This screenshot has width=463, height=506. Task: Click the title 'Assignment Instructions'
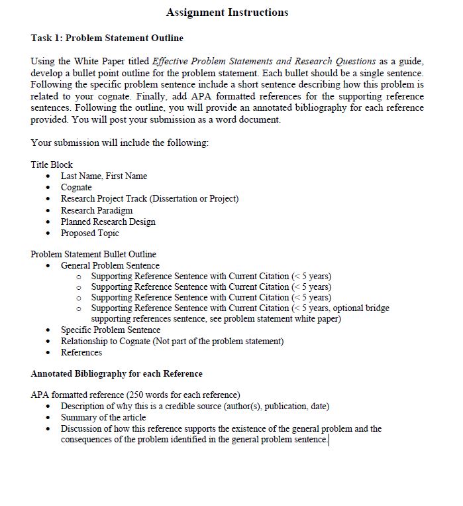[x=227, y=12]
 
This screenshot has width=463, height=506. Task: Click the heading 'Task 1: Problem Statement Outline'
[x=107, y=38]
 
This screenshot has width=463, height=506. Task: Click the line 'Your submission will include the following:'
[x=119, y=143]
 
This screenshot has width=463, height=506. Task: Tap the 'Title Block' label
[x=52, y=164]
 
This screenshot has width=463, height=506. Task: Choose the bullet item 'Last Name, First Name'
[x=104, y=176]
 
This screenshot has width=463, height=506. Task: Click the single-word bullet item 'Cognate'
[x=76, y=187]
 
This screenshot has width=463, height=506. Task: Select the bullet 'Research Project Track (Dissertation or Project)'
[x=149, y=198]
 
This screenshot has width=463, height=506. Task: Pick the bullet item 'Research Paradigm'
[x=97, y=210]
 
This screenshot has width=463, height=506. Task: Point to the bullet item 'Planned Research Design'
[x=108, y=221]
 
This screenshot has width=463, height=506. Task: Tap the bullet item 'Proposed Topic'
[x=90, y=233]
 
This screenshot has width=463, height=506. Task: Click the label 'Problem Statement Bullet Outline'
[x=93, y=254]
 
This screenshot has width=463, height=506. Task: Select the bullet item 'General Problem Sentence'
[x=110, y=265]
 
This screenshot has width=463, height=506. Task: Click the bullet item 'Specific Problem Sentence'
[x=111, y=330]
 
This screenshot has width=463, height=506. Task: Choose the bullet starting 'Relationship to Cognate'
[x=172, y=341]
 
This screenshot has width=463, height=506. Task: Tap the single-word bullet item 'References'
[x=81, y=352]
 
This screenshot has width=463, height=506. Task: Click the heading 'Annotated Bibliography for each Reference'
[x=117, y=373]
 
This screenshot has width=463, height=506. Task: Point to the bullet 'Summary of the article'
[x=103, y=417]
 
